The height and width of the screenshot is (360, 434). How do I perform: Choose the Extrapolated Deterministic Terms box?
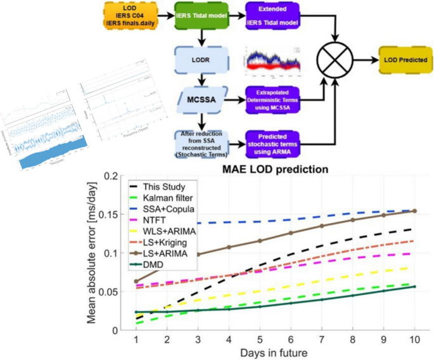(274, 100)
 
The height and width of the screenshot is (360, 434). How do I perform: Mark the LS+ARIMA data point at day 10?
(414, 211)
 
